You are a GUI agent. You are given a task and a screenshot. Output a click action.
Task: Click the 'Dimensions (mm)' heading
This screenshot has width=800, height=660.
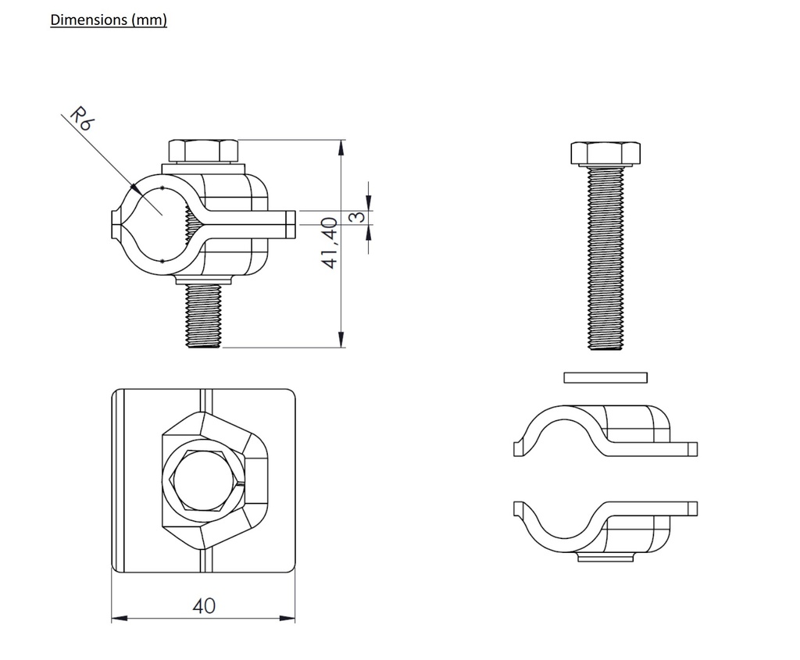pos(109,20)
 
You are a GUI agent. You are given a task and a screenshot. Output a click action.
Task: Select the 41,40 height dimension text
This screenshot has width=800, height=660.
pos(330,243)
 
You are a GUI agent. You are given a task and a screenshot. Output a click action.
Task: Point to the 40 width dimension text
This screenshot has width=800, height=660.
pos(204,605)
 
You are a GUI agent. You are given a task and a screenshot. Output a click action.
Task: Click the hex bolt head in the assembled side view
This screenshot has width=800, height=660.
pos(203,151)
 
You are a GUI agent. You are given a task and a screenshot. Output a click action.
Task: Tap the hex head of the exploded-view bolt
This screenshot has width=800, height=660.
pos(605,154)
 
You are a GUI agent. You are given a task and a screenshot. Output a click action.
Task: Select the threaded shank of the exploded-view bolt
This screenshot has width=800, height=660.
pos(605,258)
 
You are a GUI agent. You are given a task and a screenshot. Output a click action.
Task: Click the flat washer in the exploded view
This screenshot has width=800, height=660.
pos(605,377)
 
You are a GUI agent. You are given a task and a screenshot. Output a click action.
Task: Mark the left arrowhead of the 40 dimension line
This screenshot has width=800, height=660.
pos(116,619)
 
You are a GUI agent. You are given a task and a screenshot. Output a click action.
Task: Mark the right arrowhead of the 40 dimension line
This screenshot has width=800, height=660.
pos(290,619)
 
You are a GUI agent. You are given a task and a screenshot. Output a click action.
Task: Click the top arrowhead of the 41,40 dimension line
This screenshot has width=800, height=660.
pos(341,147)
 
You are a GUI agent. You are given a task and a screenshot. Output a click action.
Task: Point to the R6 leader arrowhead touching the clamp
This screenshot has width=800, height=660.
pos(134,188)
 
